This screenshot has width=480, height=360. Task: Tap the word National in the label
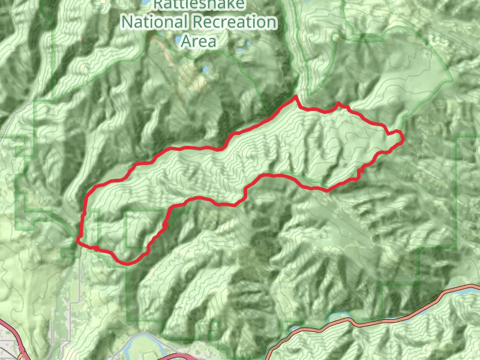154,22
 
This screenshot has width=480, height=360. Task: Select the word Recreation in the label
235,22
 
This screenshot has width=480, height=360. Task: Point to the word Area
199,41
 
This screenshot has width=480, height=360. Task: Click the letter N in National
126,22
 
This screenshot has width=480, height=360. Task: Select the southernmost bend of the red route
127,263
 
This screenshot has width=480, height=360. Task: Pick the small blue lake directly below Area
206,70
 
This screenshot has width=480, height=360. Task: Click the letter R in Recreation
199,22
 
